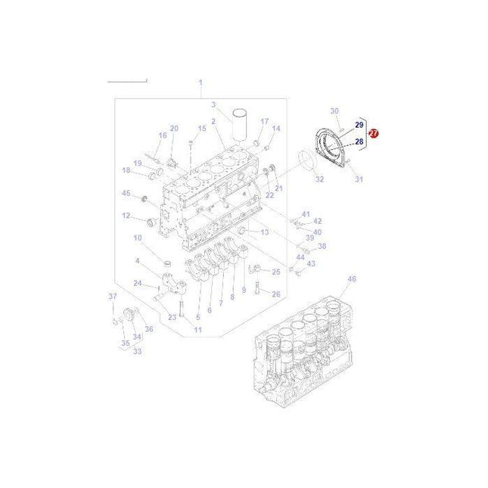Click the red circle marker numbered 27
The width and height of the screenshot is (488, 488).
[373, 132]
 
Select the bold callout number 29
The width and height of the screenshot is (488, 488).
[359, 124]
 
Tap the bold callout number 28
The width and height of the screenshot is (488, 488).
[359, 141]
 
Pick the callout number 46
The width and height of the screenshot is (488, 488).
[351, 279]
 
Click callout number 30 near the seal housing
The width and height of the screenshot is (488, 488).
[335, 111]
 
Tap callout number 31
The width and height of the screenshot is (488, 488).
[359, 179]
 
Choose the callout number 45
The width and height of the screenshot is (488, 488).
[126, 193]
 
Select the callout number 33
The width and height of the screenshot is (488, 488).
[137, 351]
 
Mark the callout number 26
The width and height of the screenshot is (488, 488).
[276, 294]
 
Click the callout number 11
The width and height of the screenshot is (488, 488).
[197, 330]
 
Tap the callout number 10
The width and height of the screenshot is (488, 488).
[138, 238]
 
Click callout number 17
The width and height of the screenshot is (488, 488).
[265, 121]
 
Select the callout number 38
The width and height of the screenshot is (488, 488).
[322, 247]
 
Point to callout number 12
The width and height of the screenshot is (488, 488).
[126, 216]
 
